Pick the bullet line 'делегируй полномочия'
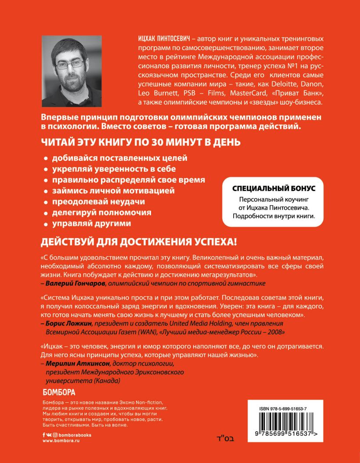[101, 212]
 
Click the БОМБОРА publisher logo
[59, 392]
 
